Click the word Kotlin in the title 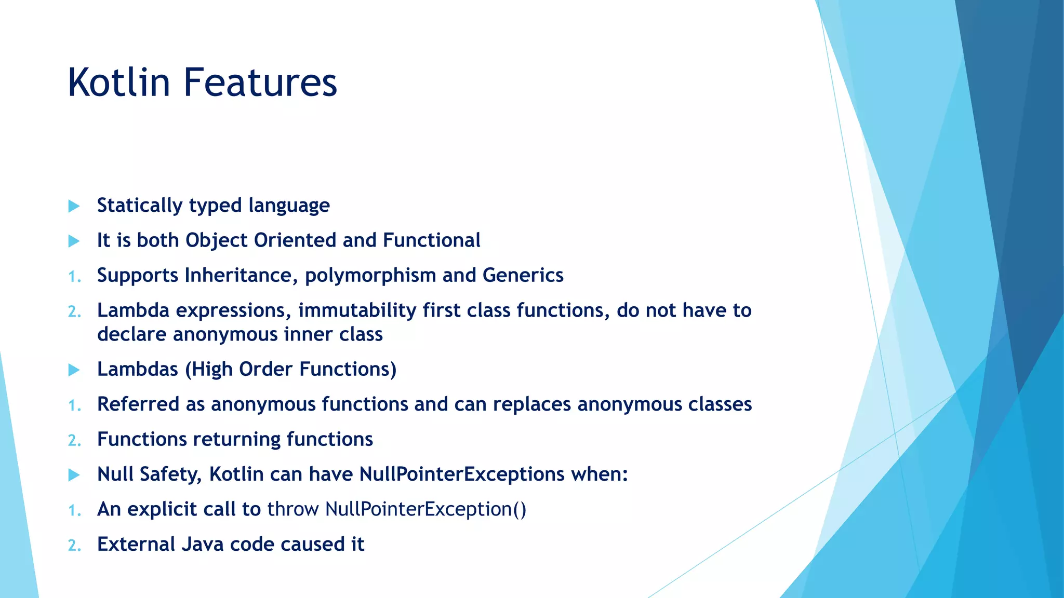(x=119, y=83)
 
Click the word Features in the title (x=260, y=83)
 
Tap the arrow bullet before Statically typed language (x=74, y=206)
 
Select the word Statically (x=140, y=206)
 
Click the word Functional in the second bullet (x=431, y=240)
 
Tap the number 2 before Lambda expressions (x=74, y=311)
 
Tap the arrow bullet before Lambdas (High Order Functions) (x=74, y=370)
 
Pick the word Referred (x=138, y=404)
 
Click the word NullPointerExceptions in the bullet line (x=461, y=474)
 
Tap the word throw (x=292, y=509)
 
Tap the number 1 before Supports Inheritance (x=74, y=277)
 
